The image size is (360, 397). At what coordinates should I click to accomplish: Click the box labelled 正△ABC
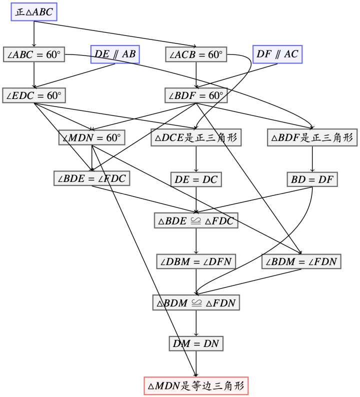coord(34,12)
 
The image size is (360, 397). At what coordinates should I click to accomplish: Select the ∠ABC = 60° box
coord(34,54)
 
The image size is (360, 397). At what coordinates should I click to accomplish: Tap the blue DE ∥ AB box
coord(115,54)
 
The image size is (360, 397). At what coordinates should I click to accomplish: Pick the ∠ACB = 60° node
coord(196,54)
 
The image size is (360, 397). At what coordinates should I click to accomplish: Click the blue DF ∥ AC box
coord(277,54)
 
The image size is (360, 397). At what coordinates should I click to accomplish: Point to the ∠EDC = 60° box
coord(34,95)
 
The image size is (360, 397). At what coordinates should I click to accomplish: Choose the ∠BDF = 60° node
coord(196,95)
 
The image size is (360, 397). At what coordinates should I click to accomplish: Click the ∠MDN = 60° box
coord(92,137)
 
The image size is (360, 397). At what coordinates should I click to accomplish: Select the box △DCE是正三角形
coord(196,137)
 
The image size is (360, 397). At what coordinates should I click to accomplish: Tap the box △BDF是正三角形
coord(312,137)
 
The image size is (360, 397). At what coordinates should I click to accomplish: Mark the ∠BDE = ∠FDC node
coord(92,178)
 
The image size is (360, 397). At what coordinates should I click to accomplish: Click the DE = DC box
coord(196,179)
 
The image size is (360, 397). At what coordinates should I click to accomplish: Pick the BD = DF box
coord(312,179)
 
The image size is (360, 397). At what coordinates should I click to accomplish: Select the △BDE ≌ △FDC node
coord(196,220)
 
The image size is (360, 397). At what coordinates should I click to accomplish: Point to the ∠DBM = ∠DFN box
coord(196,261)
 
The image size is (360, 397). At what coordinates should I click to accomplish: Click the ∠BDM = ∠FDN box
coord(301,261)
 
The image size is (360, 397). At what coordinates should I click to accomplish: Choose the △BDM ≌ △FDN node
coord(196,302)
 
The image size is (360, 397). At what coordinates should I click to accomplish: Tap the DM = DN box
coord(196,343)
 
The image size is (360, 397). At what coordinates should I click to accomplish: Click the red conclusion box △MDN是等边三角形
coord(196,386)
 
